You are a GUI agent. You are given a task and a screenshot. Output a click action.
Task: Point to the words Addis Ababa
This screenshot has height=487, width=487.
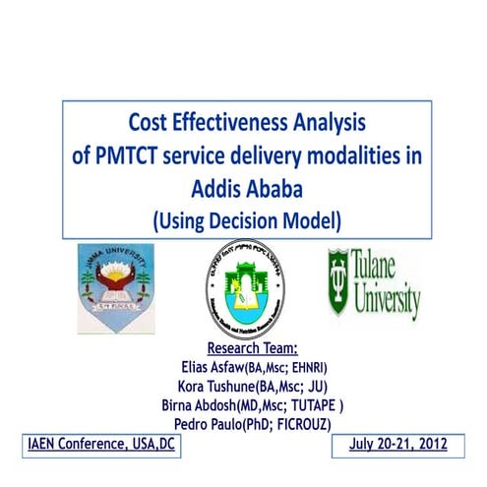(243, 185)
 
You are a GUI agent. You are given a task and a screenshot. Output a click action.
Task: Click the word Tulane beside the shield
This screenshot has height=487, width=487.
(393, 268)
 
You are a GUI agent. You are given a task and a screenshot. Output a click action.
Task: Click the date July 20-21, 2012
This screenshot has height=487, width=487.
(398, 445)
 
